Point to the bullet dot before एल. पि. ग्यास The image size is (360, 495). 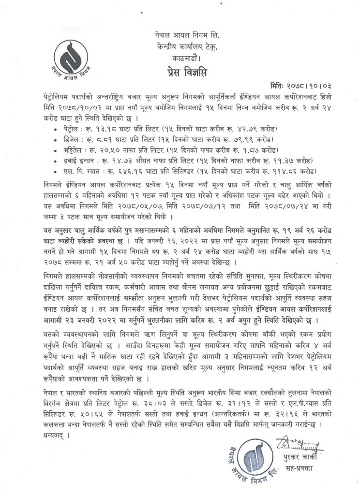[58, 171]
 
